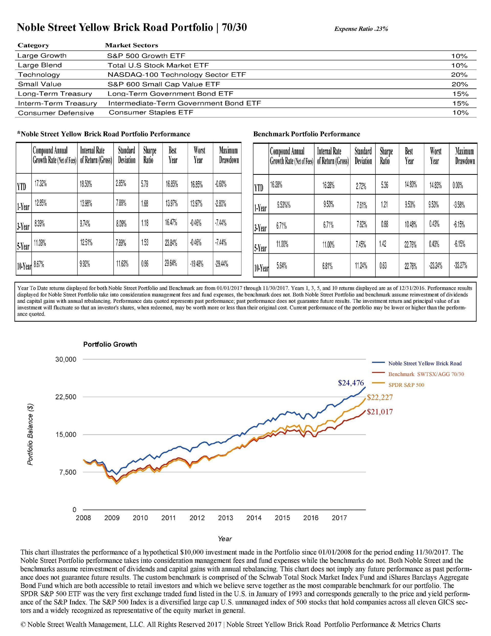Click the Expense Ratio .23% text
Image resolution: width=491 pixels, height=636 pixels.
[x=361, y=29]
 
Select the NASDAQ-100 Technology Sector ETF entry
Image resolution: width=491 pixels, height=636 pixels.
[x=177, y=74]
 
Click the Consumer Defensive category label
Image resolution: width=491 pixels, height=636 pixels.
[x=56, y=113]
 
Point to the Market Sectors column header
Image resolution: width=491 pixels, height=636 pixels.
[x=131, y=45]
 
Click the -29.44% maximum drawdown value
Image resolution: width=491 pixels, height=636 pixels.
[x=221, y=264]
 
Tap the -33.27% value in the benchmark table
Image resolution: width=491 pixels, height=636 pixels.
[x=460, y=266]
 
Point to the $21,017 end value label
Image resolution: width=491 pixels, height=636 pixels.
[x=380, y=412]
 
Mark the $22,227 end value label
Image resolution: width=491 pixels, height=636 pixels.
[x=380, y=397]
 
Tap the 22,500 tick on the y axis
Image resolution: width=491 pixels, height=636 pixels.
[x=66, y=397]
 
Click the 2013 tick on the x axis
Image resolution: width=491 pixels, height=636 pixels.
[x=226, y=518]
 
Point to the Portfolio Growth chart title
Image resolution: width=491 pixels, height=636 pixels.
[x=110, y=344]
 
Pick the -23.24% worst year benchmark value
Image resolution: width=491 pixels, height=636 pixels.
[x=436, y=266]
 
